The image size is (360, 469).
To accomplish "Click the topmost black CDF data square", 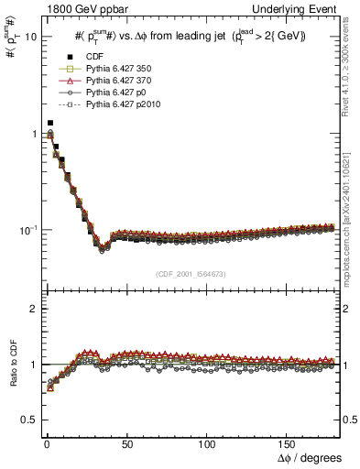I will [50, 123].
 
